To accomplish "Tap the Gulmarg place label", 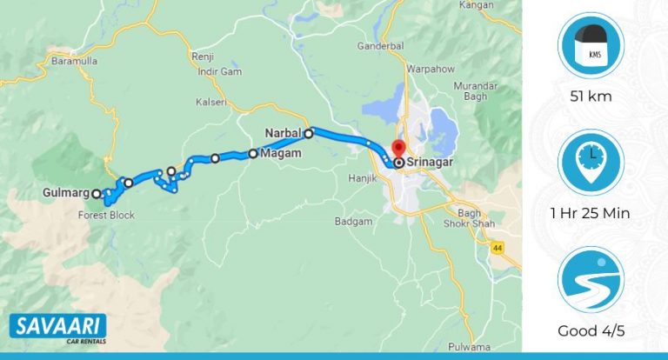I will coord(65,193).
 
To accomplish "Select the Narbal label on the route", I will coord(283,133).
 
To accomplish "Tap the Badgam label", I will coord(353,222).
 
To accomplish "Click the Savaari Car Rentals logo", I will coord(58,329).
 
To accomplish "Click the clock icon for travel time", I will coord(592,162).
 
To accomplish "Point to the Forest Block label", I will coord(106,215).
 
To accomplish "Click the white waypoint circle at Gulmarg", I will coord(97,194).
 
